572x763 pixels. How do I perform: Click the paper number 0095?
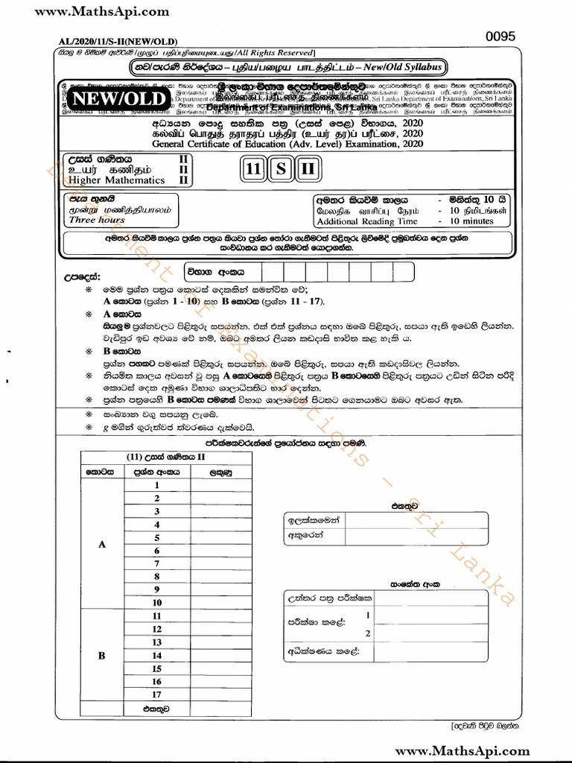500,37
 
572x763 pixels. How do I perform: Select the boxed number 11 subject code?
253,170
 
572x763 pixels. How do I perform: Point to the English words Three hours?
97,221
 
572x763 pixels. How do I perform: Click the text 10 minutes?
473,221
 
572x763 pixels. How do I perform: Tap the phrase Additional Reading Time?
366,221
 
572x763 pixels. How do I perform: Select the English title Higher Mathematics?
116,180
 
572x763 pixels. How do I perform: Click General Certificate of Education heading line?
287,143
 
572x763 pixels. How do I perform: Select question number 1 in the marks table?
157,485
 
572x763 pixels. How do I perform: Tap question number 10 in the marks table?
157,602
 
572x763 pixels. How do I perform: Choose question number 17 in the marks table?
157,694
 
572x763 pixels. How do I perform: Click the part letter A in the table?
102,544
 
